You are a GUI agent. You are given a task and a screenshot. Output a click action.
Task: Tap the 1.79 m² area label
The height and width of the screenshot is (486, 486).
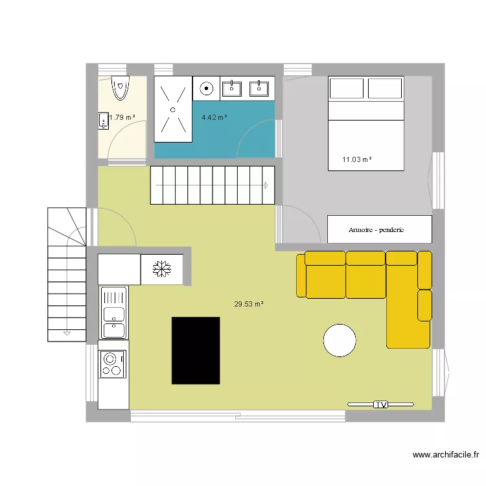(122, 118)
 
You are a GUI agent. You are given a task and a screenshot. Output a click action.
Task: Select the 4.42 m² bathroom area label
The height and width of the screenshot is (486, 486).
(214, 118)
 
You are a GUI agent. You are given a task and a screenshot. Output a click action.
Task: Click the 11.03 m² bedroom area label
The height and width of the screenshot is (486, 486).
(356, 159)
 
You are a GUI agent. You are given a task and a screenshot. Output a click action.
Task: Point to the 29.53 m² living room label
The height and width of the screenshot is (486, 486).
(249, 303)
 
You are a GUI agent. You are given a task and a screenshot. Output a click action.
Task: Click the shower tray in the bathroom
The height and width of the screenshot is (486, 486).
(173, 109)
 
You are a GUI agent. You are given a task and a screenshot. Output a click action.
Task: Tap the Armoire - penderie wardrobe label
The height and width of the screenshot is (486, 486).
(379, 229)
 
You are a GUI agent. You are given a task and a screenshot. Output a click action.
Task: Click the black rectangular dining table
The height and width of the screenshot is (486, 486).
(195, 350)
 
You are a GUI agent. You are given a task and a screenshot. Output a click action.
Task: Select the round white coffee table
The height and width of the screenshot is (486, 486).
(340, 340)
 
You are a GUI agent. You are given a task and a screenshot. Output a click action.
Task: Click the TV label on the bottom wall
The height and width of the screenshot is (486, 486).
(380, 404)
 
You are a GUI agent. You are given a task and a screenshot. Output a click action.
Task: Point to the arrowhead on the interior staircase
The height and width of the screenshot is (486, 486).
(266, 185)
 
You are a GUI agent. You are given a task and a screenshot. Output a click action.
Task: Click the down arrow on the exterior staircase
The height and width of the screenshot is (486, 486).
(66, 333)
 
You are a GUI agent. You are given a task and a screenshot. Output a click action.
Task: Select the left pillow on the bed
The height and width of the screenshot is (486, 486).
(346, 88)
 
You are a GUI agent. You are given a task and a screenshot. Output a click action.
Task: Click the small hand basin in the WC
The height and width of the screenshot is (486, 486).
(103, 121)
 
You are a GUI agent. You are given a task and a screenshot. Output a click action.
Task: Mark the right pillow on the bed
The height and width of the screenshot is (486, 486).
(386, 88)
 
